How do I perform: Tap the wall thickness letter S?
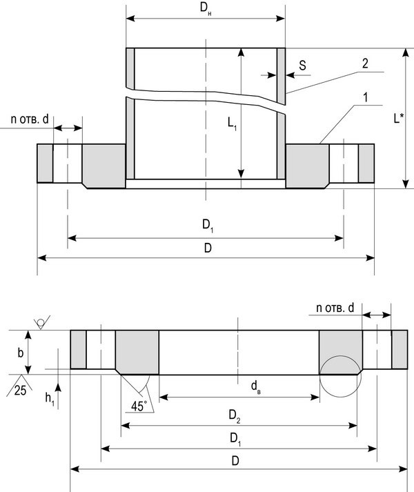tap(303, 65)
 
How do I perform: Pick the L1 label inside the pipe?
tap(233, 124)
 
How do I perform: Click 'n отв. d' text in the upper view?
tap(30, 119)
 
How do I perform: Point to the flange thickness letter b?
tap(21, 352)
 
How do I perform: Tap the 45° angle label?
tap(139, 406)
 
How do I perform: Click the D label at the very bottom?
tap(236, 460)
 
